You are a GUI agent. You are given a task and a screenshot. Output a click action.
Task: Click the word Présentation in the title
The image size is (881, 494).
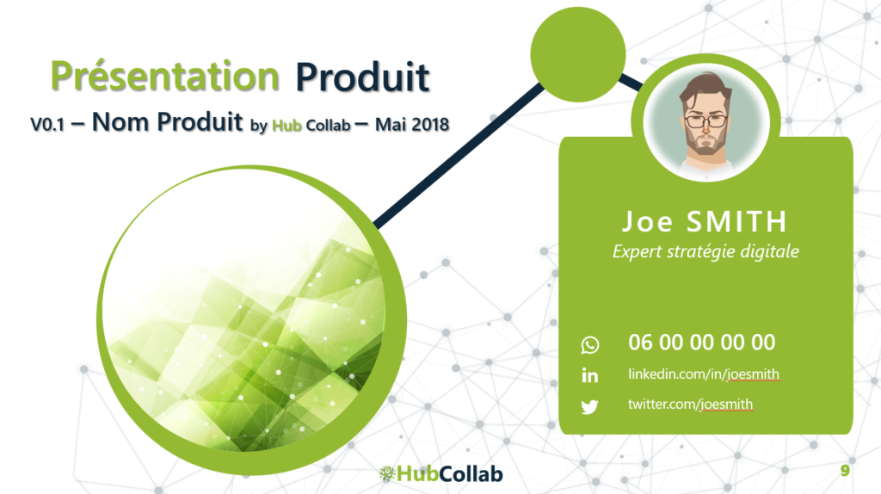click(x=164, y=77)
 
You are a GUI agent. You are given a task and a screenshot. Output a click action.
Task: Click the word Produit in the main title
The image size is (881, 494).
click(x=362, y=77)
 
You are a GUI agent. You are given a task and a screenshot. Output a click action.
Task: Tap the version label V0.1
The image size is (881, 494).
click(x=47, y=124)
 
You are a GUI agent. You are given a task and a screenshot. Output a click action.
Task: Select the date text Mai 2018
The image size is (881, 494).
click(x=412, y=124)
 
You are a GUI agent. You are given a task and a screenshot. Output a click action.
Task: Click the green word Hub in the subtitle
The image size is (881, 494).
click(x=286, y=126)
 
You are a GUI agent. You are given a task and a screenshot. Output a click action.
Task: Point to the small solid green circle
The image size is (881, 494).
click(x=577, y=54)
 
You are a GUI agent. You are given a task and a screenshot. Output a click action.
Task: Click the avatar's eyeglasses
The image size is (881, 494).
click(x=705, y=120)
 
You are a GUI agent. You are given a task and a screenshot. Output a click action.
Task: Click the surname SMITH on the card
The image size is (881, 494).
click(x=736, y=221)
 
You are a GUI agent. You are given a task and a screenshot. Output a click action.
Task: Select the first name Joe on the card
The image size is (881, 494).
click(x=647, y=221)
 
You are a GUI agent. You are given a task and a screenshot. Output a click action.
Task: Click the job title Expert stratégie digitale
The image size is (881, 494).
click(x=705, y=251)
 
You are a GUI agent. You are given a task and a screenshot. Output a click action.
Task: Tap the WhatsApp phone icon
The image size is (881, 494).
click(x=590, y=344)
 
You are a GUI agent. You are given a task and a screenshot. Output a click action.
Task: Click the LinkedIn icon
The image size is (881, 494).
click(x=590, y=375)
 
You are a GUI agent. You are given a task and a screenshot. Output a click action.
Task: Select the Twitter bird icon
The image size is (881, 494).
click(x=590, y=406)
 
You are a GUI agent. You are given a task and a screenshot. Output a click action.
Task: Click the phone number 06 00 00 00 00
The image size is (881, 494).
click(x=702, y=343)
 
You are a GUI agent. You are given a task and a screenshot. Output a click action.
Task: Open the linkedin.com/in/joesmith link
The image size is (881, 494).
click(x=704, y=374)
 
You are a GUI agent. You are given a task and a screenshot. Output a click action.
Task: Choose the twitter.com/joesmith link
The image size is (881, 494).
click(x=690, y=404)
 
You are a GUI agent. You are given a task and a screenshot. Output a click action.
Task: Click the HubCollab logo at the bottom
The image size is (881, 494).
click(x=441, y=473)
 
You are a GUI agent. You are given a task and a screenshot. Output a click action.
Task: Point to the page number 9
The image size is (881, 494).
click(x=845, y=471)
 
